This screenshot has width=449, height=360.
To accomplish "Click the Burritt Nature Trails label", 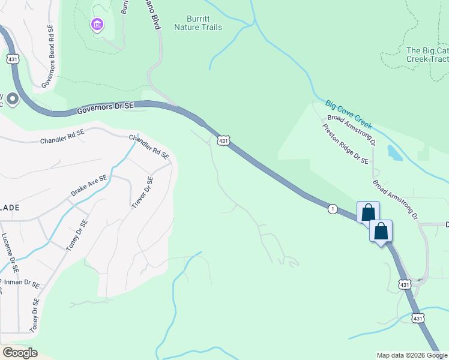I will tap(197, 23).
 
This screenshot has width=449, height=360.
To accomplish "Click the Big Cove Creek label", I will tap(348, 114).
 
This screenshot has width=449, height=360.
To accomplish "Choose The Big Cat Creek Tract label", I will tap(427, 55).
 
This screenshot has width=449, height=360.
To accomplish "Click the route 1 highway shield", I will tap(332, 208).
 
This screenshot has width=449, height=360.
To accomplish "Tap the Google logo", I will tap(20, 353).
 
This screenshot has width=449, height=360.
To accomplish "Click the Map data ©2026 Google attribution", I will tap(412, 355).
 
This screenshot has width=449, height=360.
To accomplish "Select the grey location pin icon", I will tap(12, 99).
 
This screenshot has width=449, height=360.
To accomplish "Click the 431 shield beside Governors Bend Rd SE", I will tap(13, 58).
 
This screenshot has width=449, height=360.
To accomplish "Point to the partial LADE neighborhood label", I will tap(10, 207).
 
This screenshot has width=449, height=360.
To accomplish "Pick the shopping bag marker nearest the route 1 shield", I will tap(368, 212).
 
